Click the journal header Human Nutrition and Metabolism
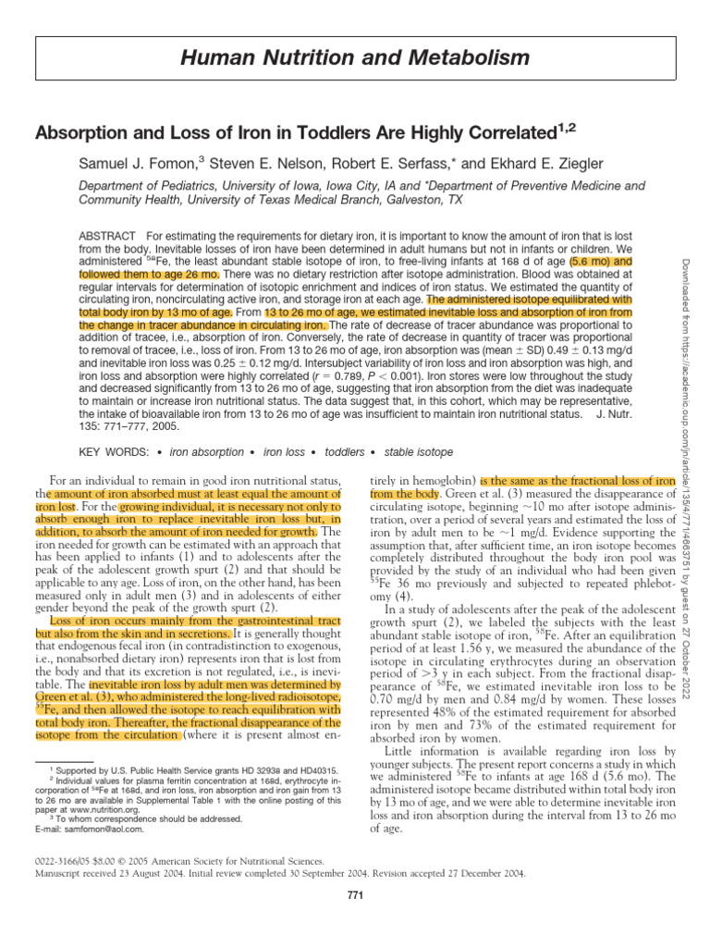pyautogui.click(x=354, y=59)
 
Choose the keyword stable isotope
pyautogui.click(x=420, y=452)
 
